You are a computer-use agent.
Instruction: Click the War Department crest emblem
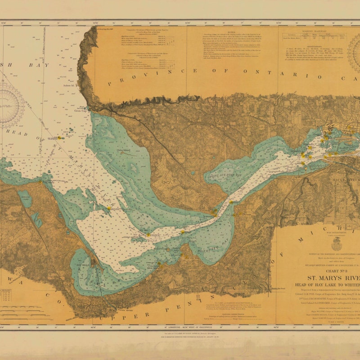pos(336,244)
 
